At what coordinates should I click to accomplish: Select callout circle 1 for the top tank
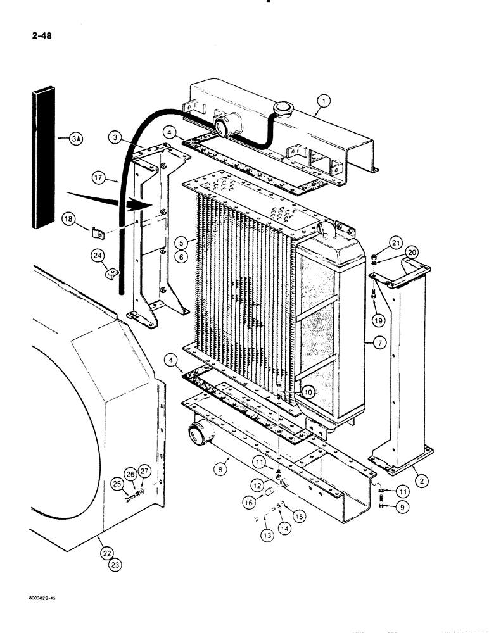click(323, 100)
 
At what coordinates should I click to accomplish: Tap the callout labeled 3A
click(75, 138)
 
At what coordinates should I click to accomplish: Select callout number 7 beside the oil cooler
click(380, 342)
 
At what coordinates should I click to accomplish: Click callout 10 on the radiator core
click(307, 392)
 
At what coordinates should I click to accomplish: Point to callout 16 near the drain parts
click(248, 500)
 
